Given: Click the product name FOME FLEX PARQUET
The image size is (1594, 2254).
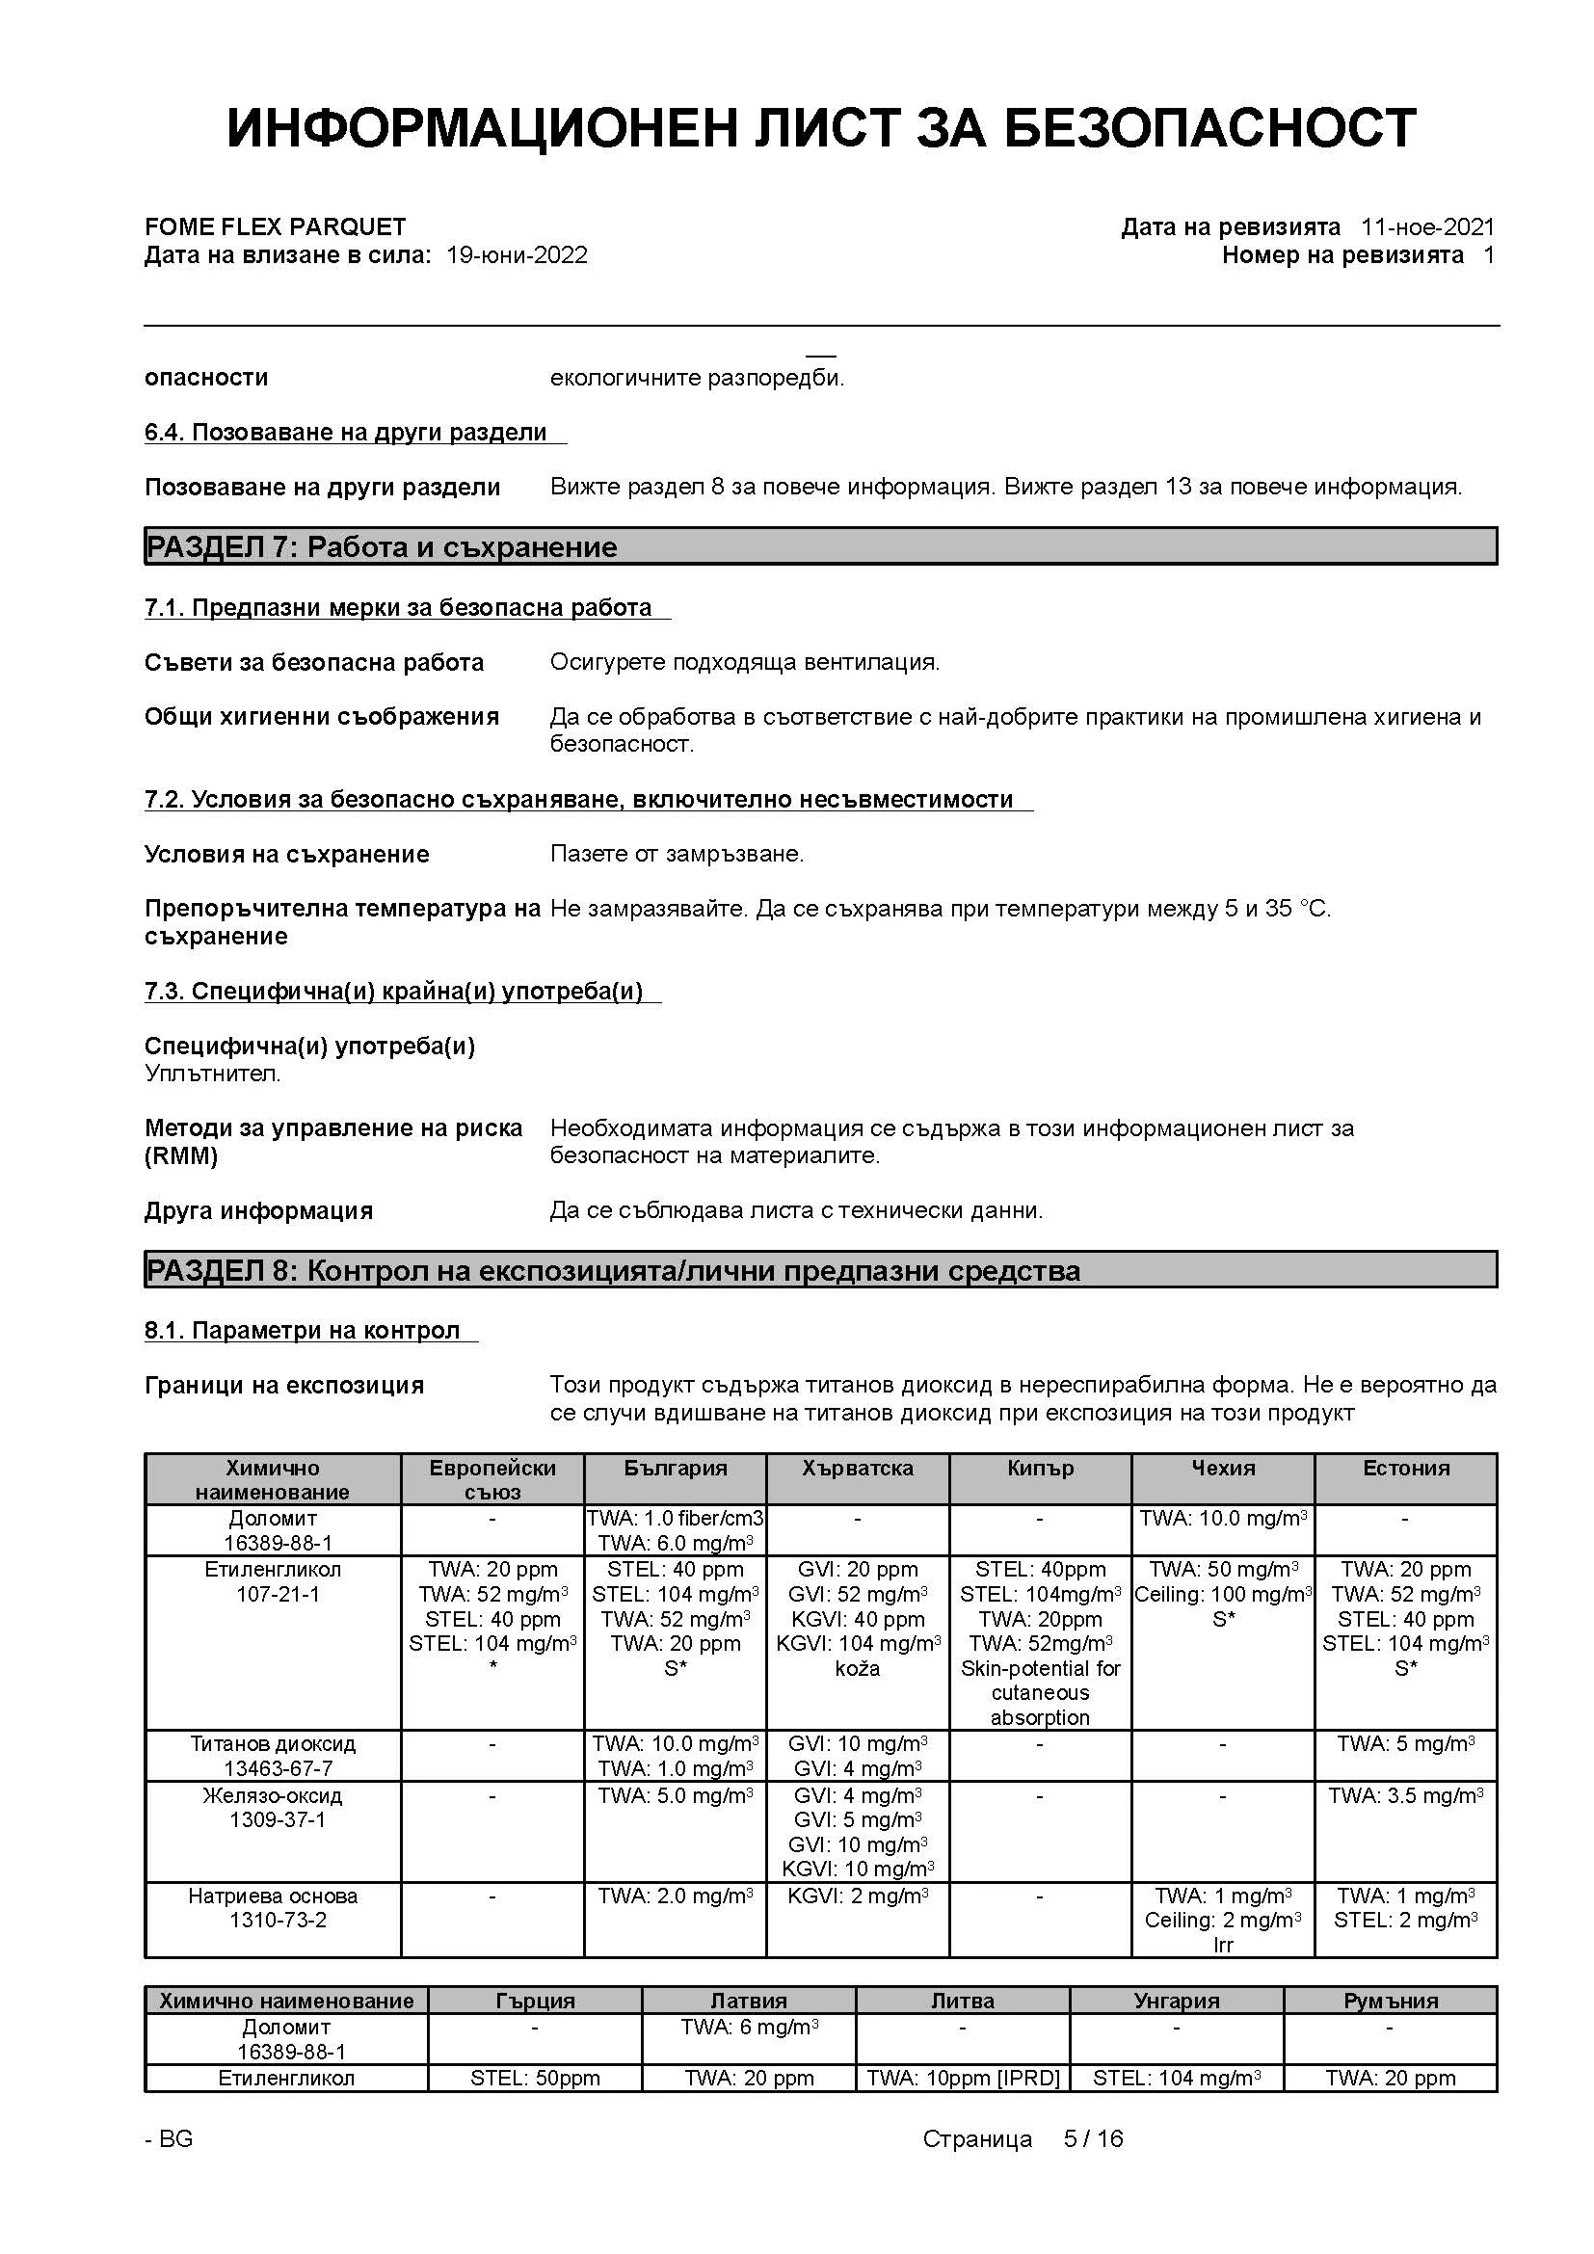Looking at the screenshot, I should point(275,226).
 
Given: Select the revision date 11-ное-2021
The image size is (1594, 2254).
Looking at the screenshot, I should point(1426,226).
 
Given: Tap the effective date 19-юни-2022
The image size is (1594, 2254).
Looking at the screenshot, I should point(517,255).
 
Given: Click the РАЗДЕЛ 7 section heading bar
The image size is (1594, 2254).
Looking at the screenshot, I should point(820,545).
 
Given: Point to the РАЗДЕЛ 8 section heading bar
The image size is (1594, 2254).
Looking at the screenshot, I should point(820,1270).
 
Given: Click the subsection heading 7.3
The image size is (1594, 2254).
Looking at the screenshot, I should point(393,991).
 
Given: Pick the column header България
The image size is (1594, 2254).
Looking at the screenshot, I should point(676,1468).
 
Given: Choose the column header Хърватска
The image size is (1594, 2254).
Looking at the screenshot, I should point(857,1468).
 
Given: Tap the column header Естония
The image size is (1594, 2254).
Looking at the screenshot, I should point(1405,1468).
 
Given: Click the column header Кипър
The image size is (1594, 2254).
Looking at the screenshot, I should point(1040,1468).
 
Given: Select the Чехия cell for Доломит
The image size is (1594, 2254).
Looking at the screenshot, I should point(1223,1519).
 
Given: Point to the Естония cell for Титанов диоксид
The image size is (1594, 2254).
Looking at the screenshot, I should point(1405,1744).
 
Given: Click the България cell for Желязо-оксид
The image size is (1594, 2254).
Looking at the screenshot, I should point(676,1795).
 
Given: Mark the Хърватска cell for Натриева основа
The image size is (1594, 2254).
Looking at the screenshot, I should point(857,1896).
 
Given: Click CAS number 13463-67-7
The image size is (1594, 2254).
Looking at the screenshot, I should point(278,1768).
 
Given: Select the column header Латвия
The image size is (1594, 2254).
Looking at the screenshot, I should point(748,2001).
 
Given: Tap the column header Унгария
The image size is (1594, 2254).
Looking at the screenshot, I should point(1176,2001).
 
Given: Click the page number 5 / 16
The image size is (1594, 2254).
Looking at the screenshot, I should point(1093,2138).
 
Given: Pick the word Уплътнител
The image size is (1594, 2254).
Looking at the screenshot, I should point(212,1073).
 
